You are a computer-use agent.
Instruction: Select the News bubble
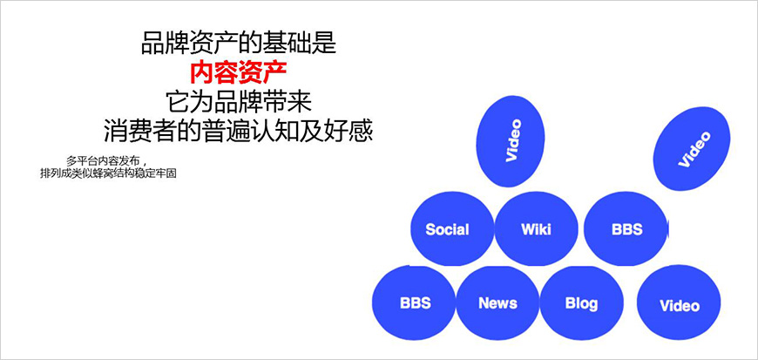497,303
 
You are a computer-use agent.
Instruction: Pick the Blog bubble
581,303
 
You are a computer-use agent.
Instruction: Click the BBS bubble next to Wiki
626,229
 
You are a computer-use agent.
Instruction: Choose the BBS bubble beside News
415,303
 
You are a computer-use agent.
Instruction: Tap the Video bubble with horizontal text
680,305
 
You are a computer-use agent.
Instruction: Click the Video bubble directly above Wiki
513,140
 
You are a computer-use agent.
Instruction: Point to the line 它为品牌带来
238,100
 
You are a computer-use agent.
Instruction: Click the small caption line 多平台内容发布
104,160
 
